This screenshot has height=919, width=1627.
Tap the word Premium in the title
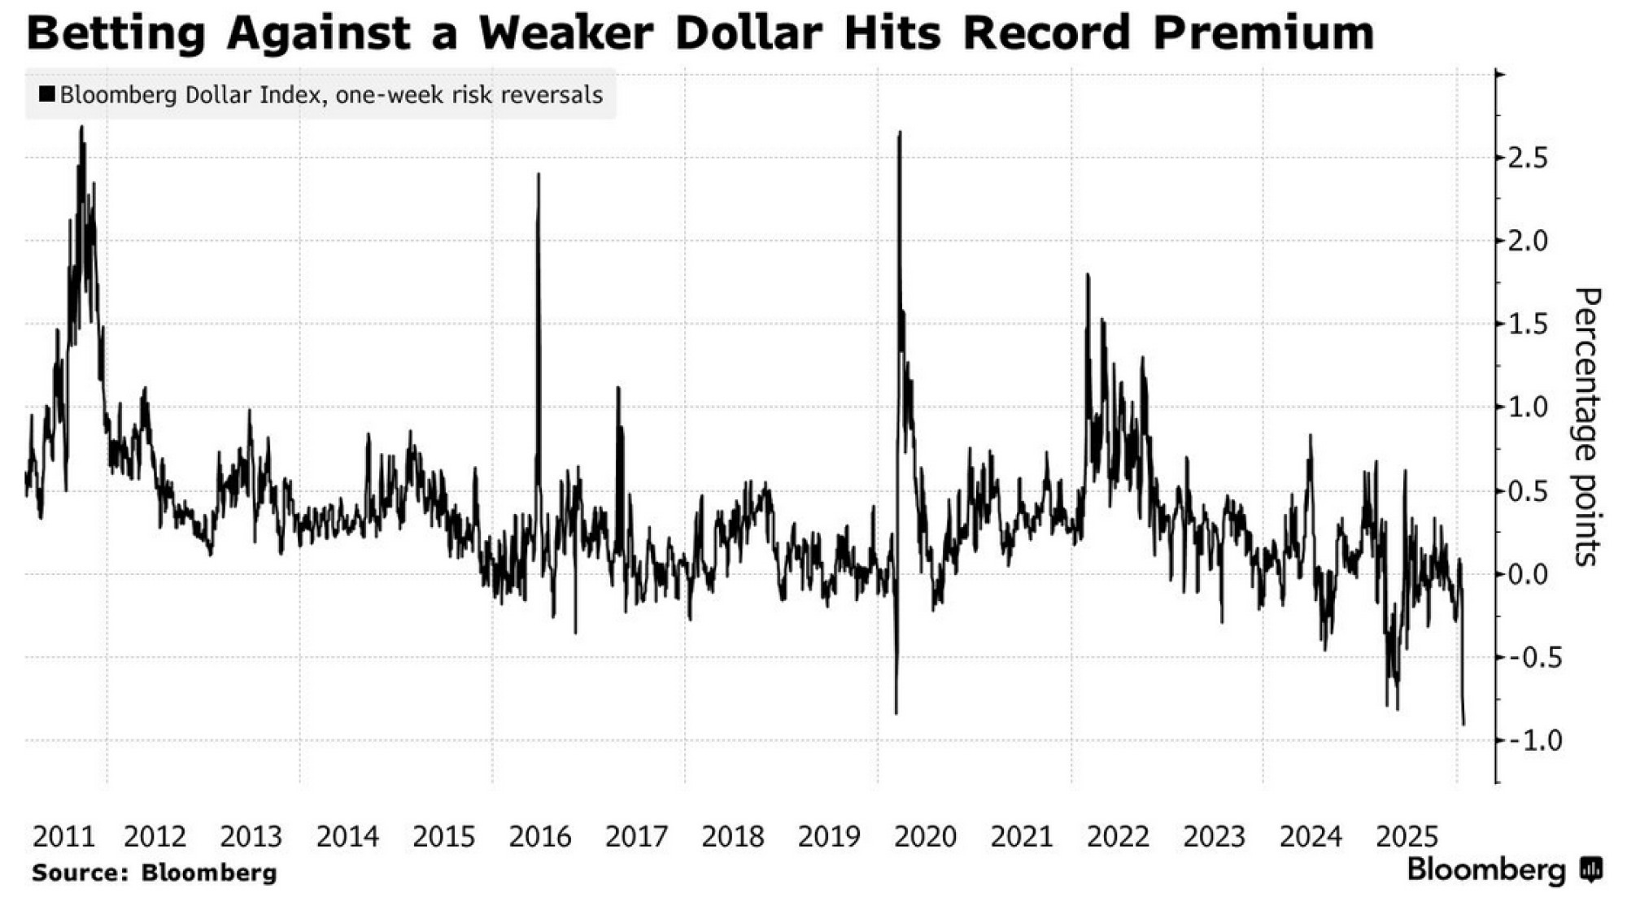pyautogui.click(x=1263, y=33)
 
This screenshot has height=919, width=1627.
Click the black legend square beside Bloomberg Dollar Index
pyautogui.click(x=47, y=95)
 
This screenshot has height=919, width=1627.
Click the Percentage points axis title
pyautogui.click(x=1587, y=427)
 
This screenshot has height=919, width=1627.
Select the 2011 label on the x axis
pyautogui.click(x=64, y=836)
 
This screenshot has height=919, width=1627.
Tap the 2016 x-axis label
pyautogui.click(x=540, y=836)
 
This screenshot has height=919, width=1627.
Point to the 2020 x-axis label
pyautogui.click(x=926, y=836)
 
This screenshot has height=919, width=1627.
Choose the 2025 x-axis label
pyautogui.click(x=1407, y=836)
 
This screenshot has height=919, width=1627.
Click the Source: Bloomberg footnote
pyautogui.click(x=155, y=873)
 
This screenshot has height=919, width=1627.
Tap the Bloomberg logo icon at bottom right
pyautogui.click(x=1591, y=870)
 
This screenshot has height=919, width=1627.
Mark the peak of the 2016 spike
pyautogui.click(x=539, y=174)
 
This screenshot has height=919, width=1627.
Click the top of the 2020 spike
pyautogui.click(x=900, y=132)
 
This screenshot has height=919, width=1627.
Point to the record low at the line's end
pyautogui.click(x=1464, y=724)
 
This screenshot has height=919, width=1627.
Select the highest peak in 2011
pyautogui.click(x=81, y=127)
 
